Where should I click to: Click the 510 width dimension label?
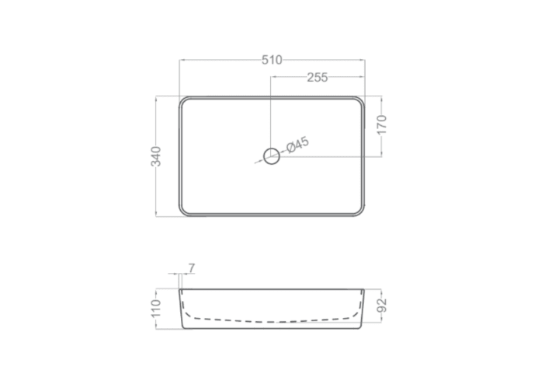click(272, 60)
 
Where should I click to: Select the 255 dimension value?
click(318, 78)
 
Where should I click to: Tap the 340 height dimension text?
click(156, 156)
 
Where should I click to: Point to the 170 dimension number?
click(382, 124)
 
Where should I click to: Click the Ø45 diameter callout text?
click(297, 145)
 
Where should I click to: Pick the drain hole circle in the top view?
click(272, 156)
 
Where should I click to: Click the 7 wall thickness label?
click(192, 267)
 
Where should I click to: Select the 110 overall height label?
click(156, 308)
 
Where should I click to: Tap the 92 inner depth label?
click(382, 306)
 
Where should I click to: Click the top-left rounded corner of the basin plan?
click(182, 100)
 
